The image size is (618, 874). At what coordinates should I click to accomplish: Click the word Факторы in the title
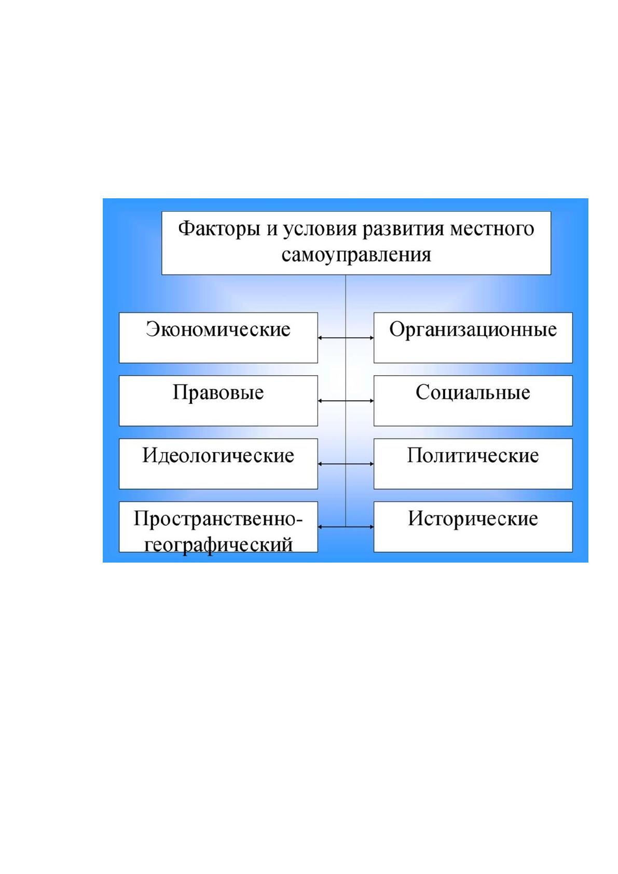click(x=219, y=229)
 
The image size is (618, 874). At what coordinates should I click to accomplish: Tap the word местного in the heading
click(x=492, y=229)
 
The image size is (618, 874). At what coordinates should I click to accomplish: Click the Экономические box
click(x=218, y=337)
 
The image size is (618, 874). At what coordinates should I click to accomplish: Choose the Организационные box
click(x=473, y=337)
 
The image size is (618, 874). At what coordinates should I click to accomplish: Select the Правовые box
click(x=218, y=401)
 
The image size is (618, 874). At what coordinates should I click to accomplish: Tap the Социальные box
click(x=473, y=401)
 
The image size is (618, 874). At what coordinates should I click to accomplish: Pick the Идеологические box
click(x=218, y=463)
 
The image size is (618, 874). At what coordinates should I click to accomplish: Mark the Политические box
click(x=473, y=463)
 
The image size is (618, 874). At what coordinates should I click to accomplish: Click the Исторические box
click(x=473, y=527)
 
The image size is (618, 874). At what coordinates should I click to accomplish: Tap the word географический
click(x=218, y=544)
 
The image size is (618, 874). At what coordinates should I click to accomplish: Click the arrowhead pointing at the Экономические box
click(x=320, y=338)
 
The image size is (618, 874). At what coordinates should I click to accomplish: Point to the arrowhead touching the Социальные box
click(x=372, y=401)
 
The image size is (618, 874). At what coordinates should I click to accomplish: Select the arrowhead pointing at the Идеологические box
click(x=320, y=464)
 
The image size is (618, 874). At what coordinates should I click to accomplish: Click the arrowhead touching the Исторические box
click(x=372, y=527)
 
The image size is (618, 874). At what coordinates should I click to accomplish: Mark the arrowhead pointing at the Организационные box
click(x=372, y=338)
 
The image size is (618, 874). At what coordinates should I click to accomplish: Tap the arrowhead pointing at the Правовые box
click(x=320, y=401)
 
